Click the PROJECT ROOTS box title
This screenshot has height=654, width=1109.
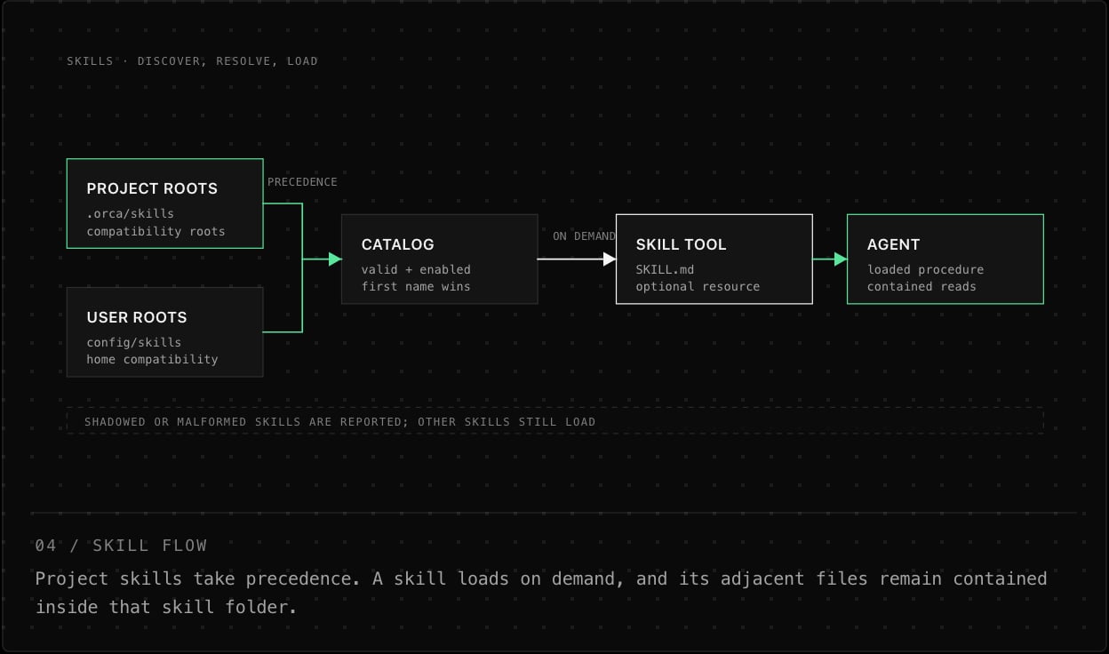[152, 188]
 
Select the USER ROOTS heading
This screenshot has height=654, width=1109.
[137, 317]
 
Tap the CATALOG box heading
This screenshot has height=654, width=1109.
[397, 244]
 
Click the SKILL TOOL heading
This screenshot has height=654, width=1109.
[681, 244]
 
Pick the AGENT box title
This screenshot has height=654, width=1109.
[893, 244]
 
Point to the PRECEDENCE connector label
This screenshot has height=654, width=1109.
[302, 182]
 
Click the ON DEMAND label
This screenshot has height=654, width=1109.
[584, 236]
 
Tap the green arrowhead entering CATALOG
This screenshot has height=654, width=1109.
[335, 259]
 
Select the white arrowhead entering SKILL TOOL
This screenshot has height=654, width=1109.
[610, 259]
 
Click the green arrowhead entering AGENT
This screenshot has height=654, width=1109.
[841, 259]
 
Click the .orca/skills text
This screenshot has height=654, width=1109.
[131, 214]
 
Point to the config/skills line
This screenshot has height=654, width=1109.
[133, 343]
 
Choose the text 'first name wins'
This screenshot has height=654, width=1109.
[416, 287]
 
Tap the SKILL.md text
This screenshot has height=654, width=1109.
[665, 270]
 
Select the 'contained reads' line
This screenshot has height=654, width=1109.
[922, 287]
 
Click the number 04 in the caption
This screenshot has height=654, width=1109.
[45, 546]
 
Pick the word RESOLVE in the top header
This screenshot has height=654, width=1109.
[243, 61]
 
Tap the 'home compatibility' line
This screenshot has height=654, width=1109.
[152, 359]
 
